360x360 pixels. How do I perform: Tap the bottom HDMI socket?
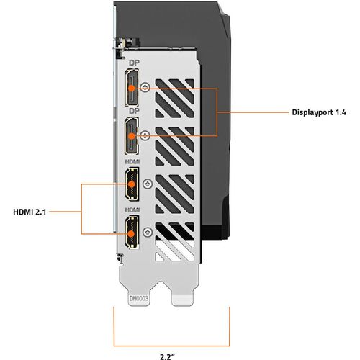[132, 234]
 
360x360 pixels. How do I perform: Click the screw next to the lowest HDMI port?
[147, 231]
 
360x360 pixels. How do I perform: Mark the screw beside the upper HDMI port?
[147, 183]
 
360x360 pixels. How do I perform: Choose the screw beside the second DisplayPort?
[147, 135]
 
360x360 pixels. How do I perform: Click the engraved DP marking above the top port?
[132, 63]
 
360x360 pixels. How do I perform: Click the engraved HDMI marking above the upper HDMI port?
[132, 163]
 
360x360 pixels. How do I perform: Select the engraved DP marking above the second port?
[132, 112]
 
